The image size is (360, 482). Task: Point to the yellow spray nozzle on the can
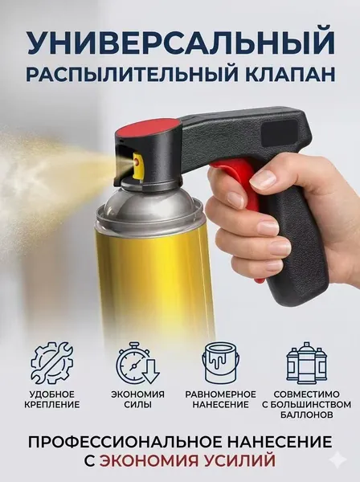point(138,165)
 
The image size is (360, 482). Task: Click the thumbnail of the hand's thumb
point(263,179)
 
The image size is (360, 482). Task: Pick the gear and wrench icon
point(52,363)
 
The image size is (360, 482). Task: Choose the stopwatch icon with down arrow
point(137,363)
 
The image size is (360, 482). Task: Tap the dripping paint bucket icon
point(221,363)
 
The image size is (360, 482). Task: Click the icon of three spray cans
point(306,363)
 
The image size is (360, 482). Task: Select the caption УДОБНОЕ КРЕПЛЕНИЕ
point(51,399)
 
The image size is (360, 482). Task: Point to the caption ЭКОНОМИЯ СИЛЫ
point(137,399)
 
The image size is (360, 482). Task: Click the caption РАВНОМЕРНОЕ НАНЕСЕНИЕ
point(220,399)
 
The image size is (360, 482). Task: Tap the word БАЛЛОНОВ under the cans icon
point(306,415)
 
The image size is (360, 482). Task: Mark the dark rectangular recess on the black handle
point(279,129)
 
